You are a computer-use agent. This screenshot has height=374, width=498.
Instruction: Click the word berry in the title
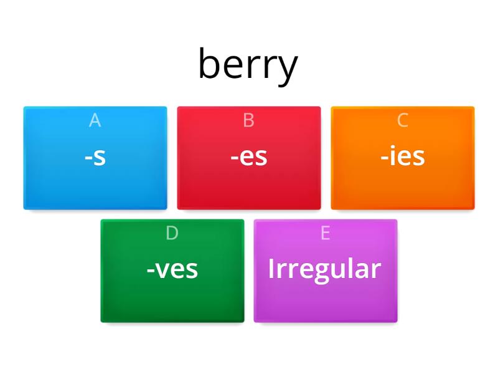248,65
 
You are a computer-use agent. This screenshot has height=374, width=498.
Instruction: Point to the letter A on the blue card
95,120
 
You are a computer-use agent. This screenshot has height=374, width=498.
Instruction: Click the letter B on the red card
249,120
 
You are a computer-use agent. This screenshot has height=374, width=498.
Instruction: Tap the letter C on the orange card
403,120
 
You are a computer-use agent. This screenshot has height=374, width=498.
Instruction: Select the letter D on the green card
172,233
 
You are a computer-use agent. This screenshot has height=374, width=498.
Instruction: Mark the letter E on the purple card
325,233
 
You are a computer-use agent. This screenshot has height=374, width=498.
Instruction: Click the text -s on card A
95,157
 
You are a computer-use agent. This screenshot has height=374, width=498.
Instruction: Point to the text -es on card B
249,157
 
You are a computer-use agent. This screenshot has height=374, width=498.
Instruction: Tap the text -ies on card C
403,157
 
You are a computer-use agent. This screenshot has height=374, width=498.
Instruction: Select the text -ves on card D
172,269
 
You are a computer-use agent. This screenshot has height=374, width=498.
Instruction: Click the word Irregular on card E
324,269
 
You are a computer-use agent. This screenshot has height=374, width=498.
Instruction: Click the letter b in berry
209,64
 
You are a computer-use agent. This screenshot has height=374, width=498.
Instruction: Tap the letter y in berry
287,69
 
